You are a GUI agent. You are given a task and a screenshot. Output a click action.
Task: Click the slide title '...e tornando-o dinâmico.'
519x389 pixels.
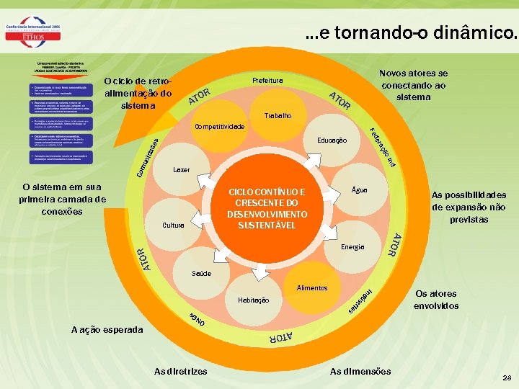[x=410, y=32]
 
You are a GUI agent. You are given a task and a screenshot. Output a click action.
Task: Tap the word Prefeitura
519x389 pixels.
[x=267, y=80]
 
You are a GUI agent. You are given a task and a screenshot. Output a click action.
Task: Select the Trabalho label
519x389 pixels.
[x=278, y=115]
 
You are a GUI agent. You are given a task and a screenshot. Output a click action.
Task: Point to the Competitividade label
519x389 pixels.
[x=220, y=127]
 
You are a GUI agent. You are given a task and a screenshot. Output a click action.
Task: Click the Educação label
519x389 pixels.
[x=332, y=140]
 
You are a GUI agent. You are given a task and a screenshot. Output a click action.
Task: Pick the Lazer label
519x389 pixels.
[x=182, y=170]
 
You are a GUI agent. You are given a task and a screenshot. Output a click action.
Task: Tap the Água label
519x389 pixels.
[x=359, y=190]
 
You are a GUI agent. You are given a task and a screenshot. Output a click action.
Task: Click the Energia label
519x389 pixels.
[x=353, y=247]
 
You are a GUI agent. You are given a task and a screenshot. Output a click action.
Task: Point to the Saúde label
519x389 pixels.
[x=202, y=274]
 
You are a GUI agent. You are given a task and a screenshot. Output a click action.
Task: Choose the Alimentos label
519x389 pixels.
[x=311, y=288]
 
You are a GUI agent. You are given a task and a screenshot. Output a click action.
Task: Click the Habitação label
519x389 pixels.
[x=253, y=300]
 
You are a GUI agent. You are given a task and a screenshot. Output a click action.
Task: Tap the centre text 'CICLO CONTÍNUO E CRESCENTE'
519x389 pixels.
[x=267, y=209]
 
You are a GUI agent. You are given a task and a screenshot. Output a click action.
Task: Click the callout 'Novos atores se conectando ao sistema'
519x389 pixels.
[x=413, y=85]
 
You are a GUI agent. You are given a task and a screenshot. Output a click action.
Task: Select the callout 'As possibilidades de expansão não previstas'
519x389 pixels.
[x=468, y=207]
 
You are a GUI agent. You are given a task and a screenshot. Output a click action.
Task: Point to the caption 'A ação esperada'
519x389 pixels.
[x=107, y=329]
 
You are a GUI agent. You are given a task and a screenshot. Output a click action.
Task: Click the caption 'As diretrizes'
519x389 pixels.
[x=180, y=371]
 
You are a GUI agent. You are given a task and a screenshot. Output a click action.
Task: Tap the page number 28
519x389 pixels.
[x=507, y=377]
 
